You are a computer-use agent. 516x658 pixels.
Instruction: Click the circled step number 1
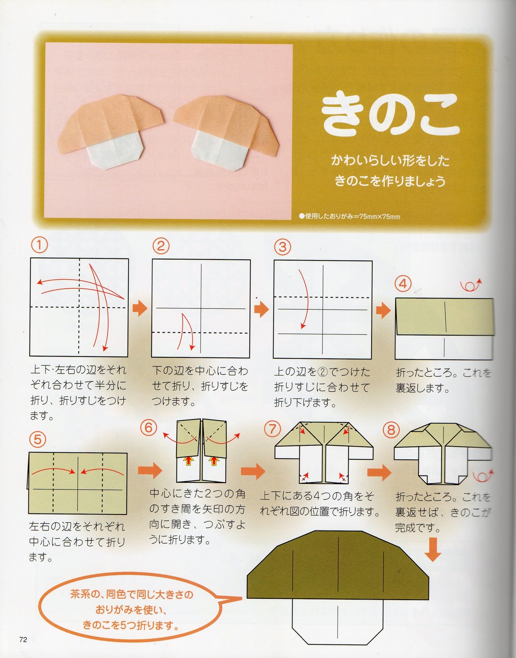(40, 245)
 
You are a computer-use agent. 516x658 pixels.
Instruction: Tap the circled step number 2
(161, 246)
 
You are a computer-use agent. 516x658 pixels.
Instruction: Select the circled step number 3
(282, 247)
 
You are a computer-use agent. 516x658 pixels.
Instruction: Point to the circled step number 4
(403, 284)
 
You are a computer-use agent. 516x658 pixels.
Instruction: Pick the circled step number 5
(38, 439)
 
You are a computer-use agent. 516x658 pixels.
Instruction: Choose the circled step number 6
(149, 428)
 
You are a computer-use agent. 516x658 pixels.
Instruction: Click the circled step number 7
(272, 429)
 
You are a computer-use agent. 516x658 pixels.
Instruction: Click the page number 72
(23, 639)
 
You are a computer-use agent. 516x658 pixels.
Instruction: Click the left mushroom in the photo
(111, 131)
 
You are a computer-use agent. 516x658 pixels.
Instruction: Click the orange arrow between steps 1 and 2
(140, 308)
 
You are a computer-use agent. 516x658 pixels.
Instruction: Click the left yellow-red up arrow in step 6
(188, 461)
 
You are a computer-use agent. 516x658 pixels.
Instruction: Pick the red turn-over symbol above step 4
(471, 285)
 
